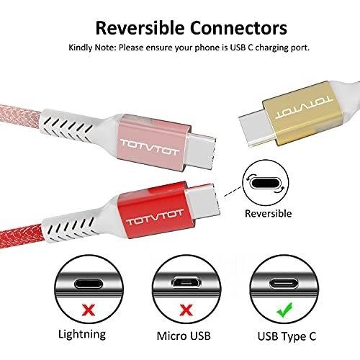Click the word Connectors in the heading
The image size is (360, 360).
tap(239, 28)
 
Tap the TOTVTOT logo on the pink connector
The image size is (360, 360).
tap(150, 147)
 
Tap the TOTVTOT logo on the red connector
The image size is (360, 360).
tap(155, 217)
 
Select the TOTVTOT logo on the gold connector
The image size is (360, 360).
tap(304, 108)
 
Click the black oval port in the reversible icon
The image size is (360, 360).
tap(265, 184)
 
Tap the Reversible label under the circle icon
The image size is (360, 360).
tap(268, 213)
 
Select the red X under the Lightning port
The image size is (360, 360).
tap(89, 310)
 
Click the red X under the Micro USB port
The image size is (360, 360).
tap(186, 310)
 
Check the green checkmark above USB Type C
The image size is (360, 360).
tap(284, 310)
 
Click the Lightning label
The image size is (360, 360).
tap(82, 335)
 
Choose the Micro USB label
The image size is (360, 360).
tap(184, 336)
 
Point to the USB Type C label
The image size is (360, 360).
tap(287, 336)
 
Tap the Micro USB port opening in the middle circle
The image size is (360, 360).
tap(186, 282)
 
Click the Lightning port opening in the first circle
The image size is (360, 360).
tap(89, 284)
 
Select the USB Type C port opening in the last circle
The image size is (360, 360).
tap(284, 284)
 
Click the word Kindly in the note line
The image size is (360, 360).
tap(81, 48)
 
